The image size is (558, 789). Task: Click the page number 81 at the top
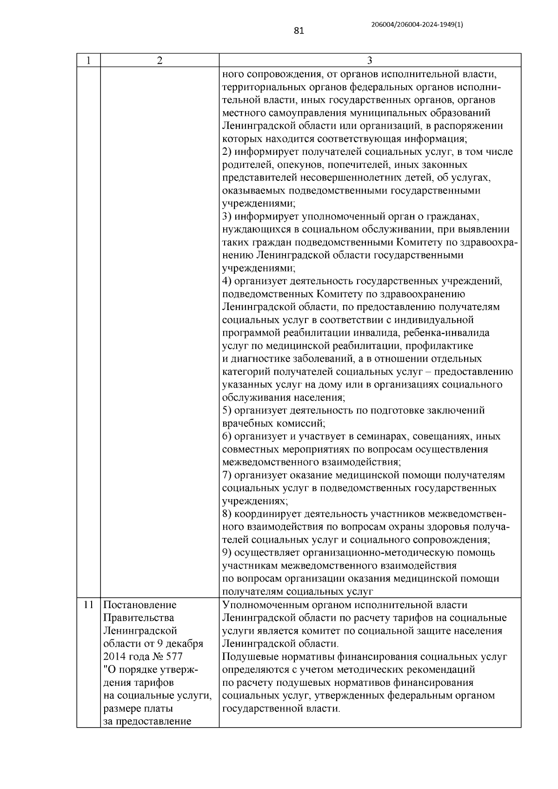coord(299,31)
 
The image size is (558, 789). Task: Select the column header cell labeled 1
coord(88,60)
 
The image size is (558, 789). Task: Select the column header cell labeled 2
coord(159,60)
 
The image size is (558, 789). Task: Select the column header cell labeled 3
coord(370,60)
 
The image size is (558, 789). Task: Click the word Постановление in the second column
coord(139,605)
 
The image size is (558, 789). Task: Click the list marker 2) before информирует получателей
coord(227,152)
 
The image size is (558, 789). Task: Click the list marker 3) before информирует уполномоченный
coord(227,216)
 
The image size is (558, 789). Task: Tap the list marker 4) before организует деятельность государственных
coord(227,281)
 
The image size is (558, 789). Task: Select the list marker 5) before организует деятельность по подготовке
coord(227,410)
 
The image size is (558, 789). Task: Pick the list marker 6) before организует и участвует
coord(227,436)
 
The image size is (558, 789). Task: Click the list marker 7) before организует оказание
coord(227,475)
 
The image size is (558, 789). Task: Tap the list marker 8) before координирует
coord(227,514)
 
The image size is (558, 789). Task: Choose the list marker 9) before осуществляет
coord(227,553)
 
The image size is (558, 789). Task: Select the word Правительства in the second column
coord(138,618)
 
